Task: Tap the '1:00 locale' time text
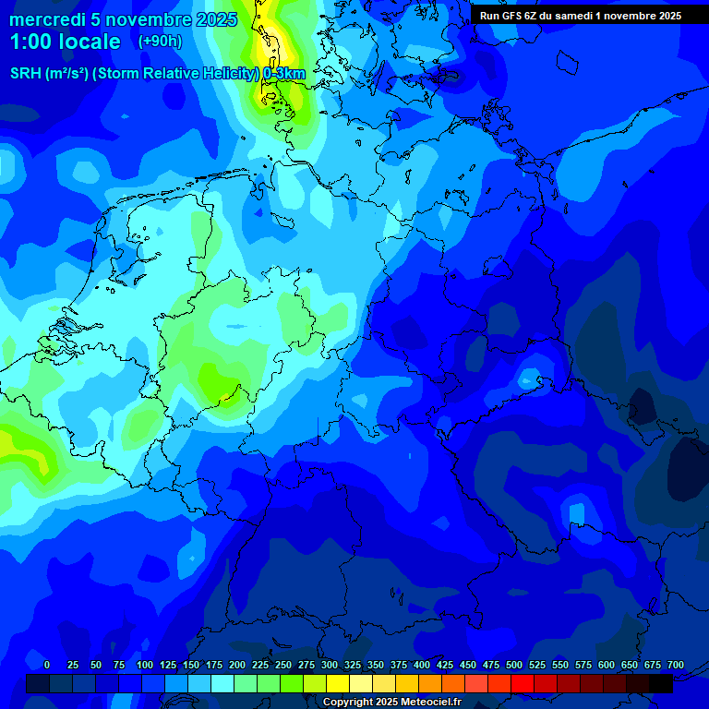(x=65, y=42)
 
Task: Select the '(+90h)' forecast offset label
(x=160, y=42)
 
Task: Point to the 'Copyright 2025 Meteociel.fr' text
(x=392, y=703)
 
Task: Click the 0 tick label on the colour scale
(x=47, y=666)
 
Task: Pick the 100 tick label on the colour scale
(x=145, y=666)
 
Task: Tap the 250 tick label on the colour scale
(x=283, y=666)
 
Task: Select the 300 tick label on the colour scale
(x=330, y=666)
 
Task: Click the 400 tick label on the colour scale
(x=422, y=666)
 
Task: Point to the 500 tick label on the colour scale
(x=514, y=666)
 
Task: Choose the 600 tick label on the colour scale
(x=607, y=666)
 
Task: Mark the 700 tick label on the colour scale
(x=676, y=666)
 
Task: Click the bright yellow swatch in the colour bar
(x=338, y=683)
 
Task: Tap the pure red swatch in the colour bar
(x=523, y=683)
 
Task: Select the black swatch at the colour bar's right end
(x=661, y=683)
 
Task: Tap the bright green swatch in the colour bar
(x=292, y=683)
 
